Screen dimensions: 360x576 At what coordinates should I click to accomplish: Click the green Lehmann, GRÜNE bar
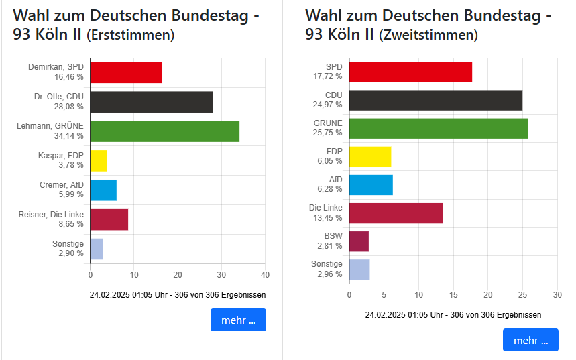pos(164,131)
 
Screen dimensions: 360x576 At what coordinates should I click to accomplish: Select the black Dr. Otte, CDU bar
pos(152,102)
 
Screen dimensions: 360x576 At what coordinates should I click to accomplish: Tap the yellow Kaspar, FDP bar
pos(99,161)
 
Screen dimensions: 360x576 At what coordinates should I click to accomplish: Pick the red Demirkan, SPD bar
pos(126,72)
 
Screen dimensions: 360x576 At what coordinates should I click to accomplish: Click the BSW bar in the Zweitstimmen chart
pos(359,241)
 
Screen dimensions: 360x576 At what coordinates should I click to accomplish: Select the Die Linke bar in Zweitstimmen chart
pos(396,213)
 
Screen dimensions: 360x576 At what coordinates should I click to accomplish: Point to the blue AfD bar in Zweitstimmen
pos(371,184)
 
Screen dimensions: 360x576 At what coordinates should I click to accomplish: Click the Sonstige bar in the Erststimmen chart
pos(97,249)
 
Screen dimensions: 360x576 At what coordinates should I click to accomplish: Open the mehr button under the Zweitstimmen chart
pos(530,340)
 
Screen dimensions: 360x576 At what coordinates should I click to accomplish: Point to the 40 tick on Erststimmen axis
pos(265,274)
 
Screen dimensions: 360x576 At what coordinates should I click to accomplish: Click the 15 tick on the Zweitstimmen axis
pos(453,294)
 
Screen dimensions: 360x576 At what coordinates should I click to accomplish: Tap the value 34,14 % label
pos(69,136)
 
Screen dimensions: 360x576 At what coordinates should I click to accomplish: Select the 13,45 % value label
pos(329,218)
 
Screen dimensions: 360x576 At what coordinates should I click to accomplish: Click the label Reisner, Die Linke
pos(51,215)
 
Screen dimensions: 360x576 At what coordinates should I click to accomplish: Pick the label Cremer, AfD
pos(62,185)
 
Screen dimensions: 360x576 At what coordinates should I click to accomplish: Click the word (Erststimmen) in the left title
pos(131,35)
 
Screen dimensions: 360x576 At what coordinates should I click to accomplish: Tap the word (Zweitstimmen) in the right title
pos(428,35)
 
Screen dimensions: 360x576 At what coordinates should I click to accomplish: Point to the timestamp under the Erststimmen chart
pos(178,294)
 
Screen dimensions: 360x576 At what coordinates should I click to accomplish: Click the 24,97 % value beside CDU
pos(329,105)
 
